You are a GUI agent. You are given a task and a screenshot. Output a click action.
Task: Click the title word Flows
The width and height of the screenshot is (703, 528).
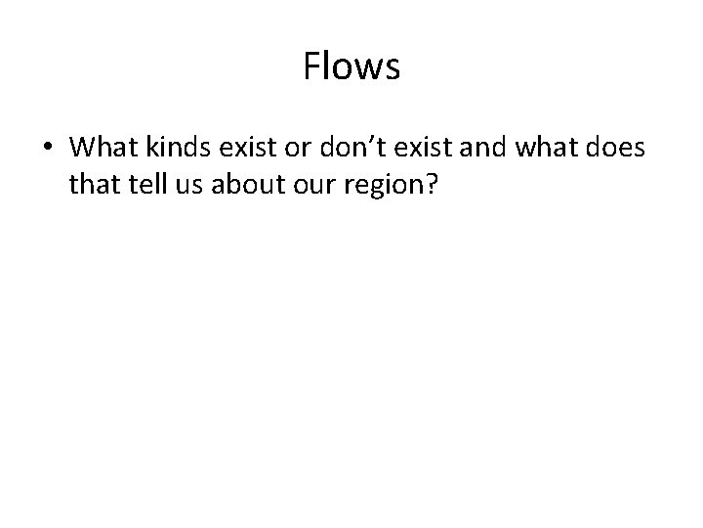[351, 67]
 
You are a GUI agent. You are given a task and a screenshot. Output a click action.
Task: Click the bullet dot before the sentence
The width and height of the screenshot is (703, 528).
[48, 150]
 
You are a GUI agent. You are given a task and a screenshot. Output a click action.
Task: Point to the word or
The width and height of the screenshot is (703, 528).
[295, 149]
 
